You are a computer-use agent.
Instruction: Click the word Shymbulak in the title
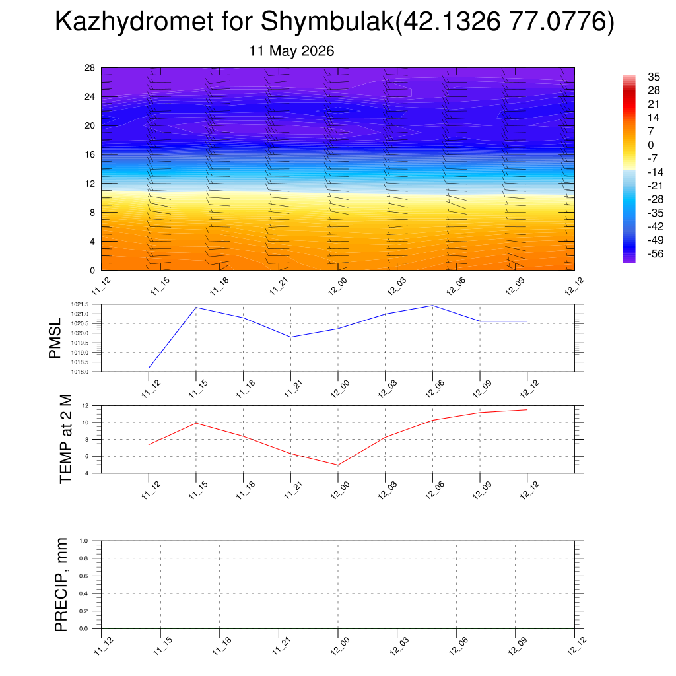327,20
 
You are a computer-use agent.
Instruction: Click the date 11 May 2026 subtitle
291,51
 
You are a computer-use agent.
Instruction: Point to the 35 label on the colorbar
654,77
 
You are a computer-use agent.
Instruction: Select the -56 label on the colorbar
656,253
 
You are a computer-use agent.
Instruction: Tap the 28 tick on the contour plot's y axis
90,68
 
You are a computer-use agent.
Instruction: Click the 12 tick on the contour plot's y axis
90,184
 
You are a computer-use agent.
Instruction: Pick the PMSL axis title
55,339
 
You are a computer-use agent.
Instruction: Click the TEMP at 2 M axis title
65,439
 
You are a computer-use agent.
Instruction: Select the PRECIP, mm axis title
61,585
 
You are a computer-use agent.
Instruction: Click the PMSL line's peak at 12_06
432,306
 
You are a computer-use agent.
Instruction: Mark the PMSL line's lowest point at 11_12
149,368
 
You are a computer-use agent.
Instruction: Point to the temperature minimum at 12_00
338,465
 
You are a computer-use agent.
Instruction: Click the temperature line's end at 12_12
527,409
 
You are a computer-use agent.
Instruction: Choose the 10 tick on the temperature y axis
85,422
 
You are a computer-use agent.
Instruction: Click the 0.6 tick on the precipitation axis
84,576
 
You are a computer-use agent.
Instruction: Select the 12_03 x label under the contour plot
396,287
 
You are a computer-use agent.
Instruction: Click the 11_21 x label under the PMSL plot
293,388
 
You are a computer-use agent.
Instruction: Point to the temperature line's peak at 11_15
196,423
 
